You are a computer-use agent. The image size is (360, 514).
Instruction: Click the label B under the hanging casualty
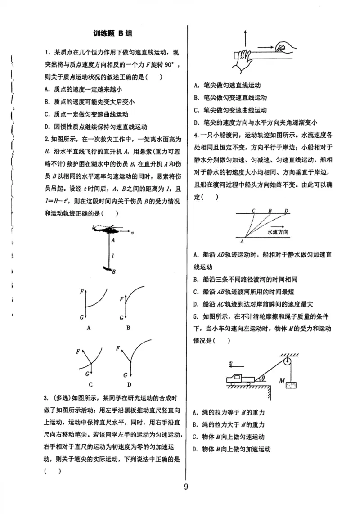[x=113, y=271]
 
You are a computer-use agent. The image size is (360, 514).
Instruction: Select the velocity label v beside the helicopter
[x=132, y=234]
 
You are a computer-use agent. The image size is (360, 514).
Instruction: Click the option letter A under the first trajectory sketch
[x=89, y=328]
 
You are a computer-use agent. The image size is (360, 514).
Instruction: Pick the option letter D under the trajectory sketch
[x=129, y=384]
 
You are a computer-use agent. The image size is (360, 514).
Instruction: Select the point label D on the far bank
[x=286, y=210]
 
